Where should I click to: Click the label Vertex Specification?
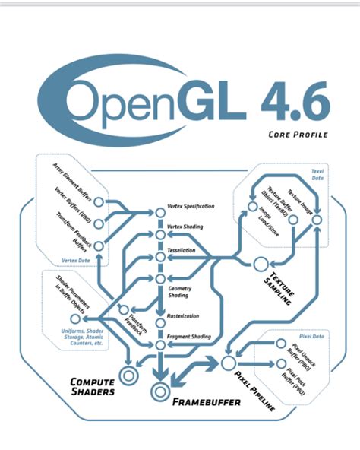pyautogui.click(x=190, y=206)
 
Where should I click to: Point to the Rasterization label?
pyautogui.click(x=183, y=315)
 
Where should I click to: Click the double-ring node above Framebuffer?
pyautogui.click(x=159, y=392)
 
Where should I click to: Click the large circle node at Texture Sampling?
pyautogui.click(x=261, y=264)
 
